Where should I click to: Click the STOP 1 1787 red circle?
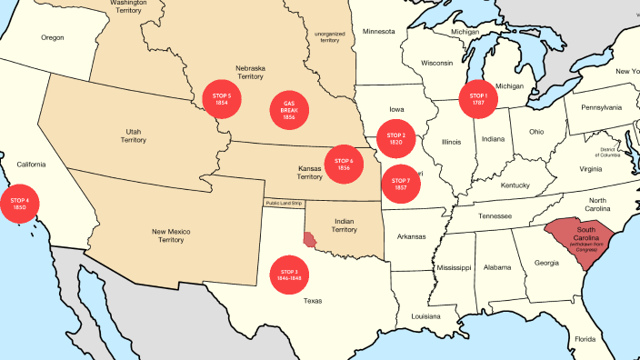(x=478, y=99)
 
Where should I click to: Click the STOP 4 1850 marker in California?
(x=20, y=204)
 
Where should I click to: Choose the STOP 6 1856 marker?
(x=344, y=165)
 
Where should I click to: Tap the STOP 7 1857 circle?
(x=401, y=185)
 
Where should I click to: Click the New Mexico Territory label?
(x=171, y=236)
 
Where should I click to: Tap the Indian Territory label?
(x=344, y=225)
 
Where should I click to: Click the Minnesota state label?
(x=379, y=32)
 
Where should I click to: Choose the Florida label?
(x=585, y=339)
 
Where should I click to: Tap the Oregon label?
(x=53, y=37)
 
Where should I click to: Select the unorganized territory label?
(x=327, y=37)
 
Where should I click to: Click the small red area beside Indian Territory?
(x=311, y=240)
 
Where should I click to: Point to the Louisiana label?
(x=425, y=316)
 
